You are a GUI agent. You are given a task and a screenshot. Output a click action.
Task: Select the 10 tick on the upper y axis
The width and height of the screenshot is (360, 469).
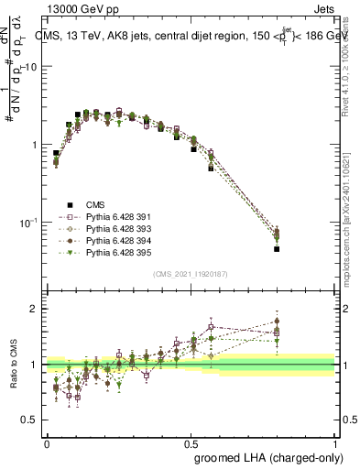tap(32, 67)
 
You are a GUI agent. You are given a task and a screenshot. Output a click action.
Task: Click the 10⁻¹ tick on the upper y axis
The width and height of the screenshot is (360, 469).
tap(29, 223)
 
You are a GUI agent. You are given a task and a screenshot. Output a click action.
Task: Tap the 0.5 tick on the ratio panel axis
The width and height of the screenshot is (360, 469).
tap(31, 420)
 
